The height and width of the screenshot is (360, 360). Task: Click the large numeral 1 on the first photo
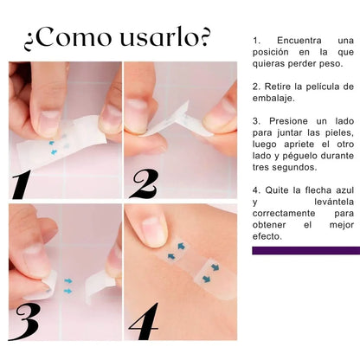click(22, 184)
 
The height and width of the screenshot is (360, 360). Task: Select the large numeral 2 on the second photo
click(145, 183)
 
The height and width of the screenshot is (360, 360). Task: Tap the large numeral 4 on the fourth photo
click(144, 321)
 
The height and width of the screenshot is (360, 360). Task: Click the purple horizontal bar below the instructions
click(306, 250)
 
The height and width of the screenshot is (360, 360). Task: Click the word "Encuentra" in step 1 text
click(299, 41)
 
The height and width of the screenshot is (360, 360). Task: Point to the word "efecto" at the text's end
click(266, 236)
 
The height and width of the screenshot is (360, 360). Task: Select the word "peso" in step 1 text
click(332, 64)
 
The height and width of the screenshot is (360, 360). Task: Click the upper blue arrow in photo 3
click(68, 280)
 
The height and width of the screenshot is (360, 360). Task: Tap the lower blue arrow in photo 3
click(67, 291)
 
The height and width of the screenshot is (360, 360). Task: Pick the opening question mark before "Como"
click(29, 42)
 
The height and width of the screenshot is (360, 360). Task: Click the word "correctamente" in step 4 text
click(284, 214)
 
